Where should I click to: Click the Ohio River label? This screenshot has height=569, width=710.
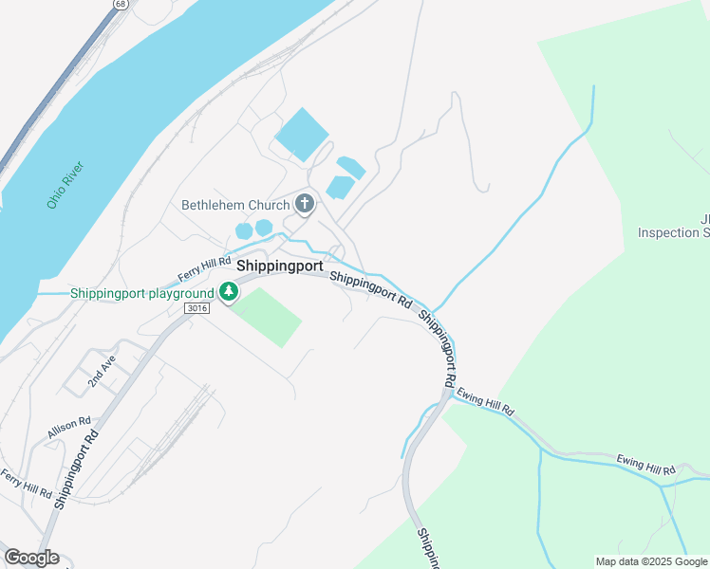[66, 185]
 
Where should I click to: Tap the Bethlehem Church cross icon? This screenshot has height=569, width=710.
[305, 203]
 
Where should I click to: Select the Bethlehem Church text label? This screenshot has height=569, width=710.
[235, 205]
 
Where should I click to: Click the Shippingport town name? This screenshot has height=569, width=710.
[280, 266]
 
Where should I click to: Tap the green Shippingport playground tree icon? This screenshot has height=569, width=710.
[228, 293]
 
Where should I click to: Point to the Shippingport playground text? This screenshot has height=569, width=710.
[141, 293]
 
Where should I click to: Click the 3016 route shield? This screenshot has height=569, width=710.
[198, 309]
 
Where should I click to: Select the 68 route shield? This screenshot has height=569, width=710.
[119, 4]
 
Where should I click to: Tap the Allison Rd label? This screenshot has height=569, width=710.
[69, 427]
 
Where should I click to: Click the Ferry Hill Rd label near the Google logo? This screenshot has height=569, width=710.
[26, 483]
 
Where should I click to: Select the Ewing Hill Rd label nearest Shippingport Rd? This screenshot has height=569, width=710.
[484, 401]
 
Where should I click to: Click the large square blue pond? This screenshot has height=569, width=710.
[301, 134]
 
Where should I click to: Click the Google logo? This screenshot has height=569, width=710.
[31, 558]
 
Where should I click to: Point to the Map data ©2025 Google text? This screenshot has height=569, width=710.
[651, 561]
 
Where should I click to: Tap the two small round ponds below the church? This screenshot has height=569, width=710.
[253, 229]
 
